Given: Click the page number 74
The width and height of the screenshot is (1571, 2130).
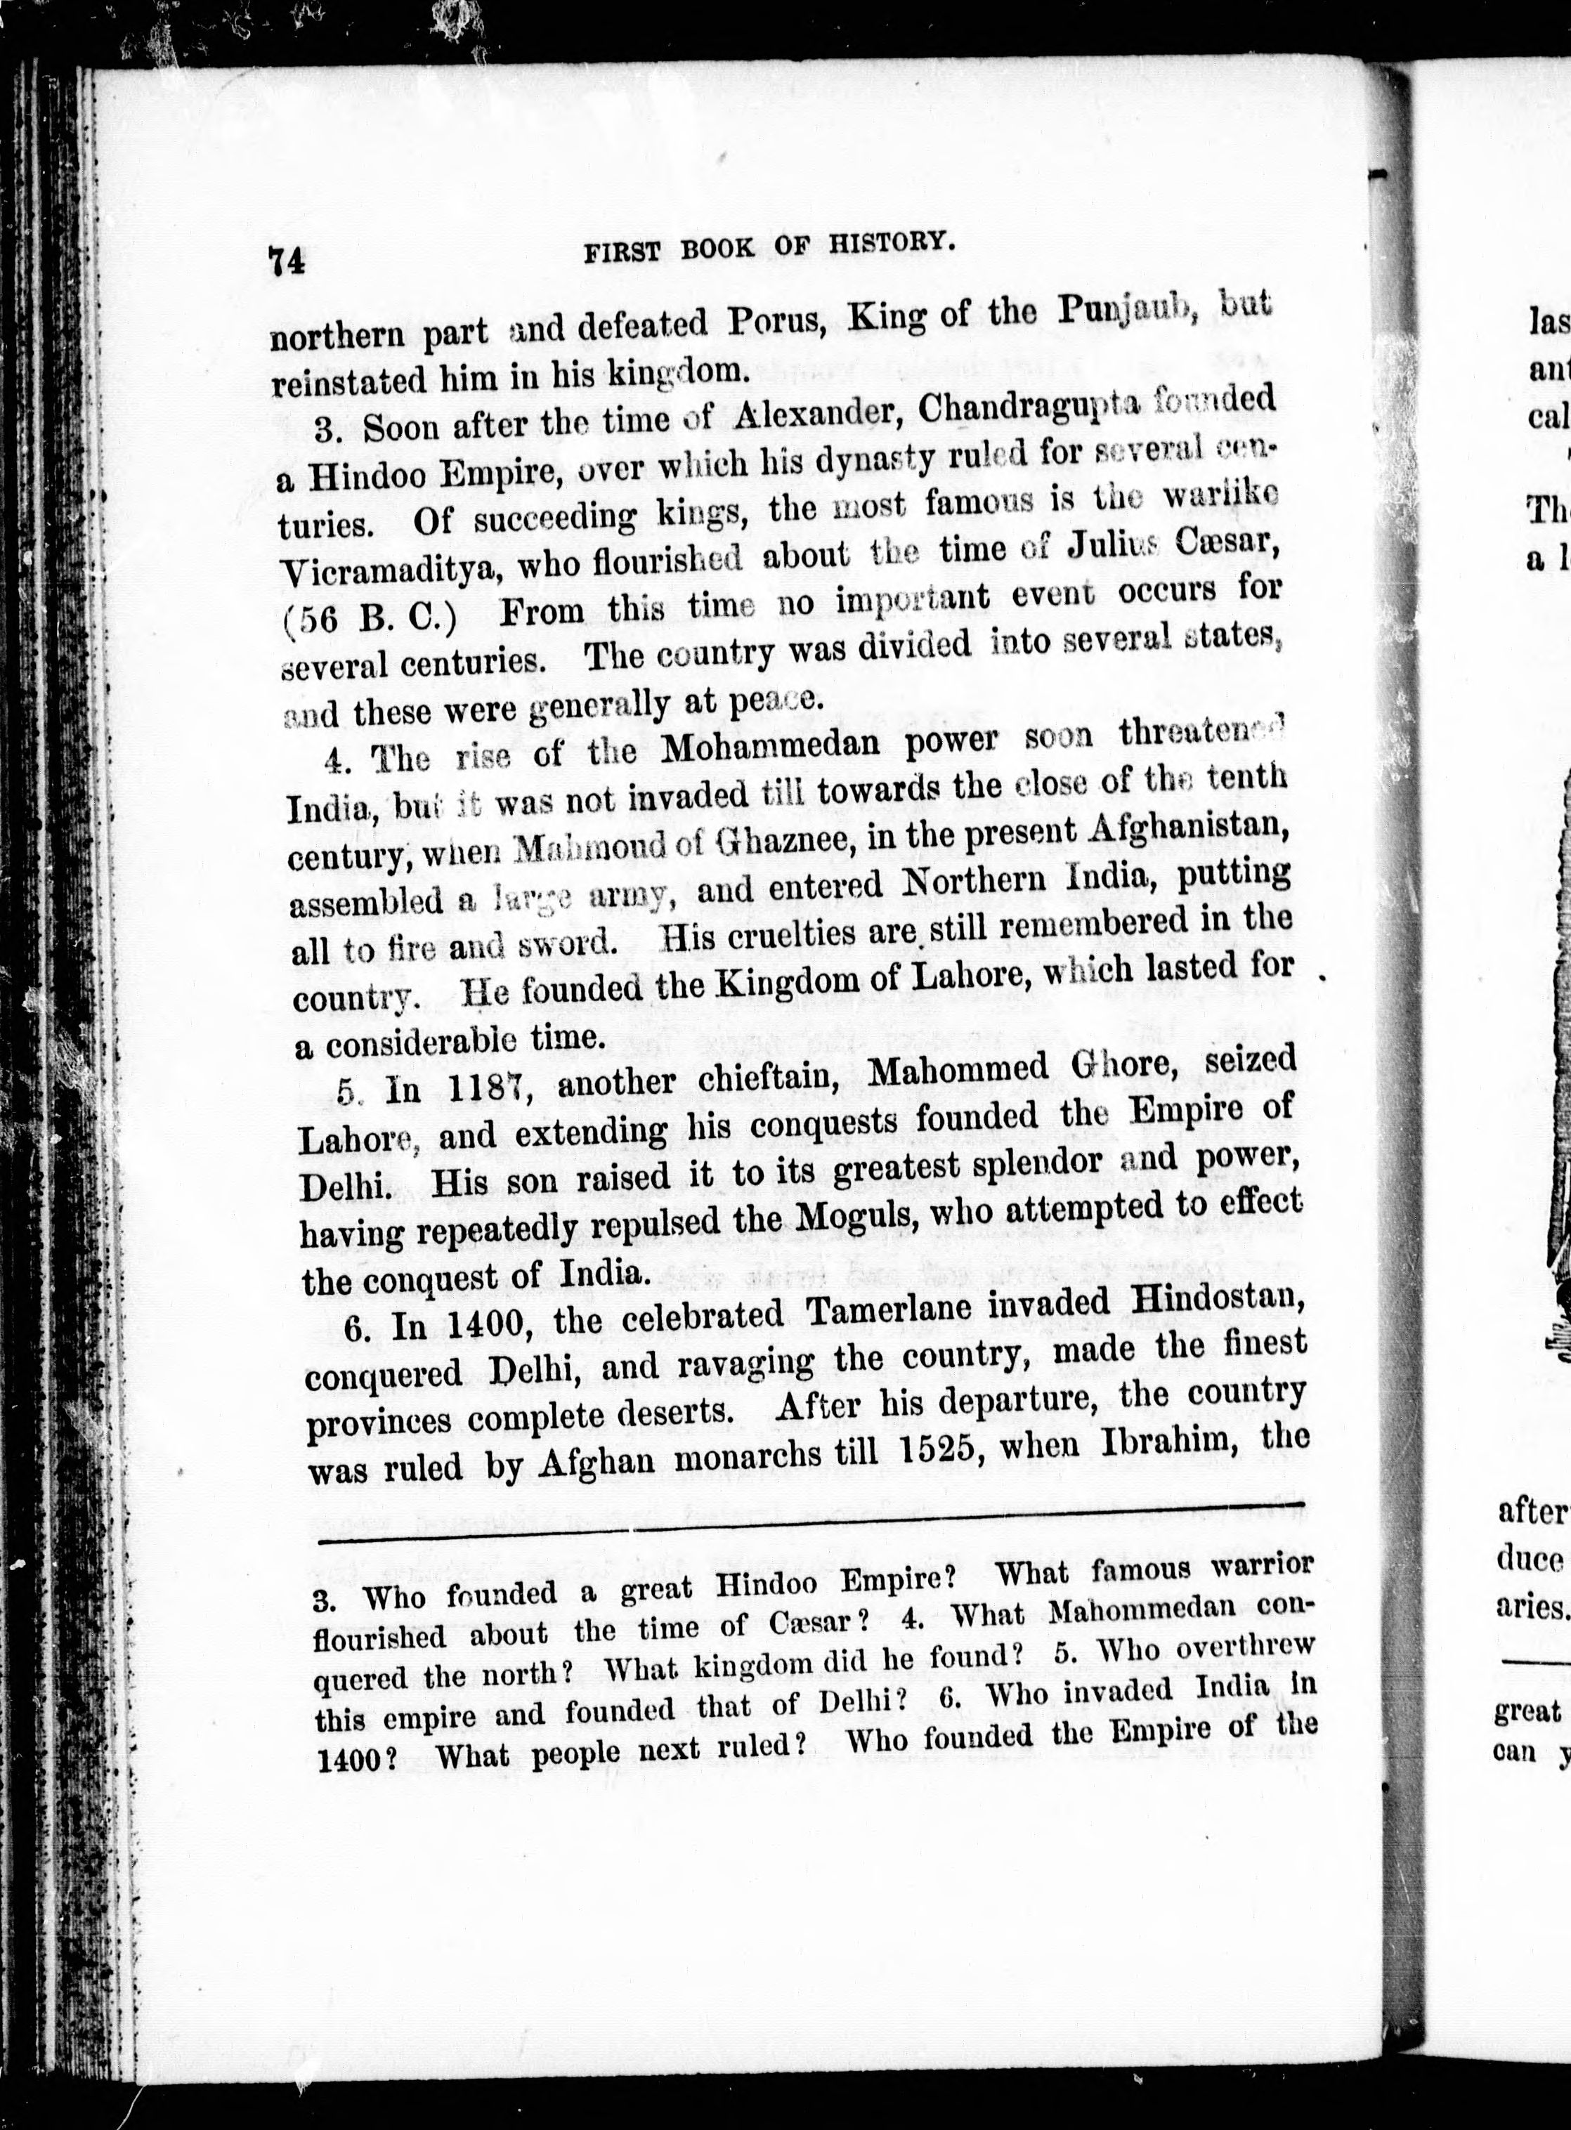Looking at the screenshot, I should tap(286, 260).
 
